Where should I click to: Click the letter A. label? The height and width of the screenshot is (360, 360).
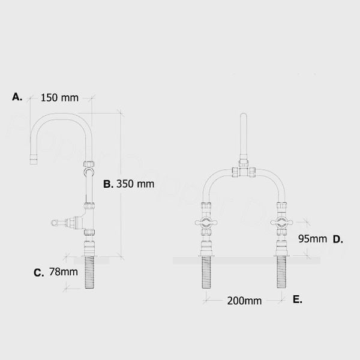pyautogui.click(x=17, y=96)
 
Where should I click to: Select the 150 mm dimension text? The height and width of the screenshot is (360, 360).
pyautogui.click(x=60, y=98)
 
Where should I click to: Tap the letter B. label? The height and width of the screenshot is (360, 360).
pyautogui.click(x=108, y=184)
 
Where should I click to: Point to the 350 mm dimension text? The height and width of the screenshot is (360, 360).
pyautogui.click(x=136, y=184)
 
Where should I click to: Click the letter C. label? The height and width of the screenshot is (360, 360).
pyautogui.click(x=38, y=272)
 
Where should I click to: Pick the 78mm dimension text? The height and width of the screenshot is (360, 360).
pyautogui.click(x=64, y=272)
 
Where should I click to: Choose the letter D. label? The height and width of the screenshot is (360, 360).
pyautogui.click(x=338, y=239)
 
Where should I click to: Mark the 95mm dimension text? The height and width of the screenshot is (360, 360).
pyautogui.click(x=313, y=238)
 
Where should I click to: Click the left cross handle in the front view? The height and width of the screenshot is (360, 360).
pyautogui.click(x=205, y=224)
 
